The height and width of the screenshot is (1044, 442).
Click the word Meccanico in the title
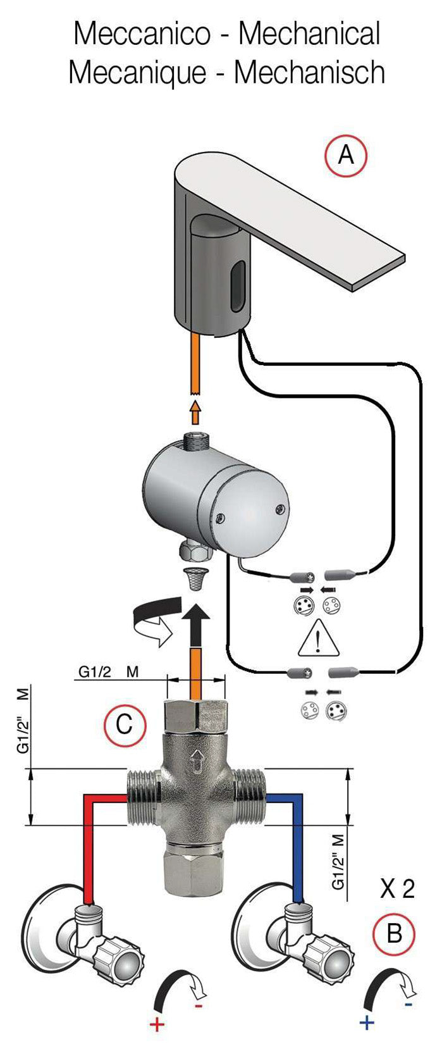tap(142, 34)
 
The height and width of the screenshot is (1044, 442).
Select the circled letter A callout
tap(345, 154)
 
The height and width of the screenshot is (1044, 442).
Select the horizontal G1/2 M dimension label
tap(108, 671)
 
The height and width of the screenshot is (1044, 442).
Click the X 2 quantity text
tap(397, 889)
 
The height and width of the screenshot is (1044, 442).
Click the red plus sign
tap(157, 1024)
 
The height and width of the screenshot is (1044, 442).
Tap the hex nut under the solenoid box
tap(196, 552)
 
